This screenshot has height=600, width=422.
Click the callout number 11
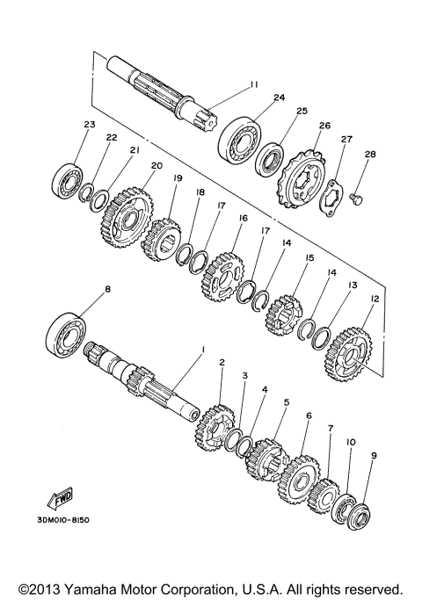[x=254, y=84]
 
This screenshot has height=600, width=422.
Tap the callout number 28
[x=370, y=155]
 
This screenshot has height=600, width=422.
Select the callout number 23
[x=89, y=125]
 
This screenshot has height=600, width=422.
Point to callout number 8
[x=108, y=288]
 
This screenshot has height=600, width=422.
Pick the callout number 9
[x=374, y=456]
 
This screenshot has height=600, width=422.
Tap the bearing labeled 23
[x=67, y=179]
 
